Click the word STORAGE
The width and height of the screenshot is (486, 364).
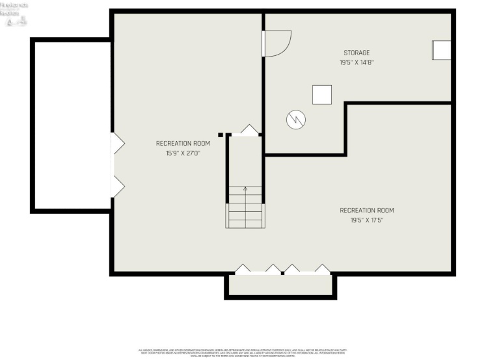click(x=357, y=53)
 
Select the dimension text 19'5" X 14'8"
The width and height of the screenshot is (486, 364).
click(x=357, y=62)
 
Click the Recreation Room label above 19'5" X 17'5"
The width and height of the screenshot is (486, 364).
click(x=367, y=210)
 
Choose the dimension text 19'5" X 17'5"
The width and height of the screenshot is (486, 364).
click(x=367, y=220)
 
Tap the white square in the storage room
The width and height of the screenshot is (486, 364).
click(x=322, y=95)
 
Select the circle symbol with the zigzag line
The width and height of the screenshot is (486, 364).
click(x=295, y=120)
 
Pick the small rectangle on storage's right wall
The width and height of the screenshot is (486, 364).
click(x=442, y=51)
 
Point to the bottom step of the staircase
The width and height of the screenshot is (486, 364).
click(x=245, y=224)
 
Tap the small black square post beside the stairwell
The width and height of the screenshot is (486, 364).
click(x=221, y=135)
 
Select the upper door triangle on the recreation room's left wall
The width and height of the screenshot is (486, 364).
click(x=118, y=144)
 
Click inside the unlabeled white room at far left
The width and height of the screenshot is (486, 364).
click(x=70, y=123)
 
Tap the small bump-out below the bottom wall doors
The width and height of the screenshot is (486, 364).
click(x=280, y=285)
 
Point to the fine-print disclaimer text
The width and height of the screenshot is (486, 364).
click(x=243, y=353)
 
